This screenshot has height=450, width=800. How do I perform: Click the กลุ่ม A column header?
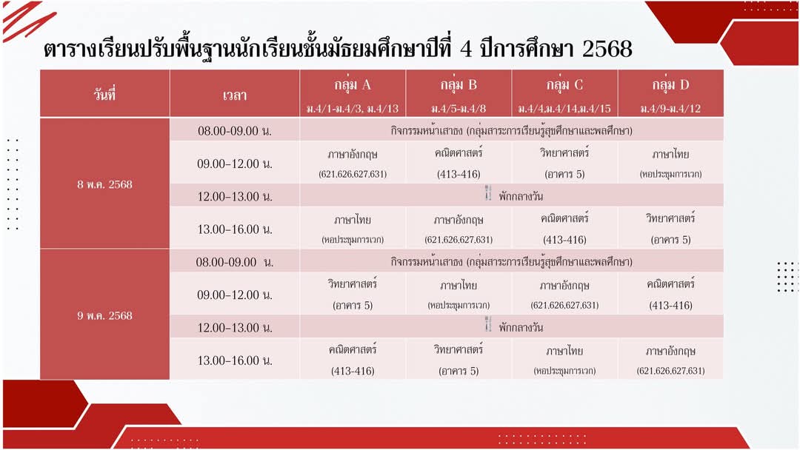pos(353,94)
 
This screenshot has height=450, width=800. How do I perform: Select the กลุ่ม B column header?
pos(459,94)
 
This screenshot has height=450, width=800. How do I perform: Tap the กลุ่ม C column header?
pos(564,94)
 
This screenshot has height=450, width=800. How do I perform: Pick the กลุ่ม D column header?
pos(670,94)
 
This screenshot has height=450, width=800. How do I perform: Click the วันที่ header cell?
pos(104,94)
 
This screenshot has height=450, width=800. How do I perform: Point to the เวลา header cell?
pos(235,94)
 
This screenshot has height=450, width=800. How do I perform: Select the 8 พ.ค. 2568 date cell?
pos(104,184)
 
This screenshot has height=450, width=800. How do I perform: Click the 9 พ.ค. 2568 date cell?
pos(104,315)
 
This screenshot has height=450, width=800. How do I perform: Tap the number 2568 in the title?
pos(607,49)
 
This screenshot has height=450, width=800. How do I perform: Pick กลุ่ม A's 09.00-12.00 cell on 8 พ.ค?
pos(353,163)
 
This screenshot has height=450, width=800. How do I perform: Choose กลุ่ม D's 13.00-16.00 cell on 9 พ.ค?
pos(670,359)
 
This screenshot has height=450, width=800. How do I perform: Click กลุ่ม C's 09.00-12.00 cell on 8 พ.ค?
pos(564,163)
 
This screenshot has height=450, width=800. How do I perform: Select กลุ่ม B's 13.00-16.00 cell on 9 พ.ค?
pos(459,359)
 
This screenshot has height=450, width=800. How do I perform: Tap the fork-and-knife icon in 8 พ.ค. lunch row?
pos(487,193)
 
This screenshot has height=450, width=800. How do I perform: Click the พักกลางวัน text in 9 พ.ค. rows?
pos(521,327)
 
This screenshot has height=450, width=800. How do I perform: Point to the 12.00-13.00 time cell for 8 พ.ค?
pos(235,195)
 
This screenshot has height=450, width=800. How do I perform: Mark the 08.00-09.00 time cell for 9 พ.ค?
pos(235,262)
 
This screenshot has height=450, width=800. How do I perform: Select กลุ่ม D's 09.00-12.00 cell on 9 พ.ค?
pos(670,294)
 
